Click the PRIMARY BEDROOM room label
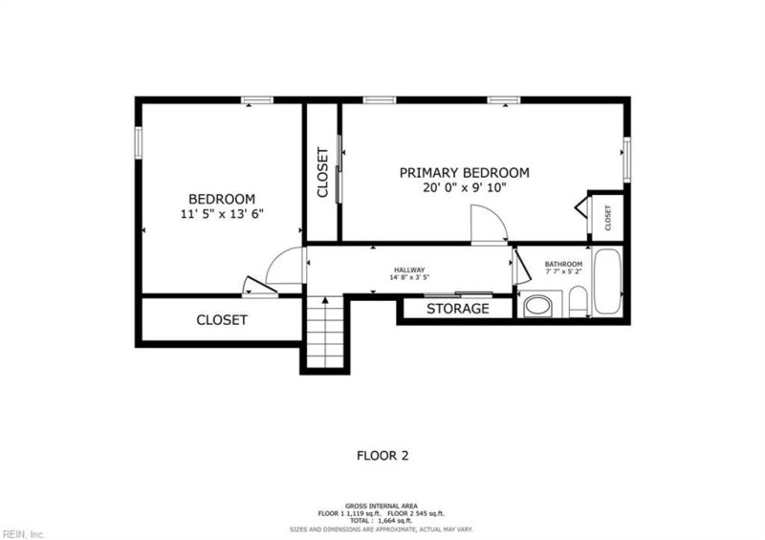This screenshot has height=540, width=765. (464, 173)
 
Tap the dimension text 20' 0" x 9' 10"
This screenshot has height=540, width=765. (465, 187)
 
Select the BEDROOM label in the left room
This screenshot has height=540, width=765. (222, 199)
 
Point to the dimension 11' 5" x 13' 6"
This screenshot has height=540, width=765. (222, 214)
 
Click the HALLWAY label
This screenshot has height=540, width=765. (409, 270)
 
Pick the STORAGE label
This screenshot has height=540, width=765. (458, 309)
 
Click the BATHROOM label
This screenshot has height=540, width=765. (563, 264)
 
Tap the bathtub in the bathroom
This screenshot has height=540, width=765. (607, 282)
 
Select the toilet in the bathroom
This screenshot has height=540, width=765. (579, 302)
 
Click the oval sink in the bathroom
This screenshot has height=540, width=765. (537, 307)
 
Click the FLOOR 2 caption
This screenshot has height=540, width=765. (382, 456)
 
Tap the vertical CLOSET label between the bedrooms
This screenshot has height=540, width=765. (322, 172)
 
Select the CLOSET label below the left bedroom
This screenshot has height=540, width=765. (222, 320)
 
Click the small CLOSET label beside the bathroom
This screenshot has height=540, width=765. (607, 218)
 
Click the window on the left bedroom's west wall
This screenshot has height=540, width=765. (139, 142)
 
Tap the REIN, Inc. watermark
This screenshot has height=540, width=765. (23, 534)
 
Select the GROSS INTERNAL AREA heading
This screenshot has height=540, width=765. (382, 506)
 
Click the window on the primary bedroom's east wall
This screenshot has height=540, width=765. (627, 160)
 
